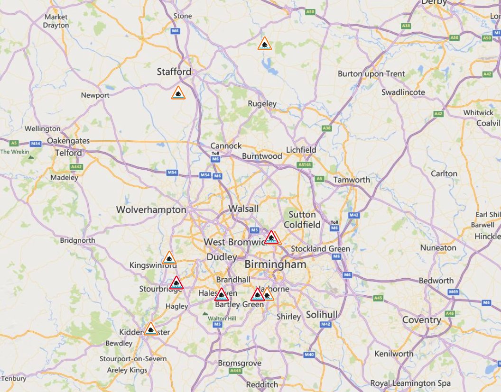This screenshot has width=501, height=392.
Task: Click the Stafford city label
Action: click(x=174, y=72)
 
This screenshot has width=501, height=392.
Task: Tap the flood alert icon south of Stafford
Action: click(x=178, y=93)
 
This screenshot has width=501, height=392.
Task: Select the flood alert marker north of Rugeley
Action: click(x=265, y=44)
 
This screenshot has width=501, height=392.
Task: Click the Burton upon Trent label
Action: click(x=371, y=74)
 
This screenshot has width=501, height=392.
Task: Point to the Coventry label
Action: click(x=421, y=320)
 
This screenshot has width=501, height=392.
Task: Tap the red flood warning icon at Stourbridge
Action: click(x=176, y=283)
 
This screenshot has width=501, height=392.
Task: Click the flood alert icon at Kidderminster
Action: click(x=150, y=328)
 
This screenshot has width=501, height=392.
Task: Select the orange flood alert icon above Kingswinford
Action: click(x=169, y=258)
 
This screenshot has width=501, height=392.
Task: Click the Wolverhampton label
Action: click(x=151, y=210)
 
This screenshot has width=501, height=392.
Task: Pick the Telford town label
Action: click(x=68, y=153)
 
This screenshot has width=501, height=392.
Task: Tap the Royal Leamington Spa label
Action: click(x=410, y=383)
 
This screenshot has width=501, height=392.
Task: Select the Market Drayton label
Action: click(x=56, y=21)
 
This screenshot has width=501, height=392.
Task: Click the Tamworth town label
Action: click(x=352, y=180)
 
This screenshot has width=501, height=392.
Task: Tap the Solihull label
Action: click(x=322, y=315)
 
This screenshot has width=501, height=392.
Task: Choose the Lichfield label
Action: click(x=301, y=150)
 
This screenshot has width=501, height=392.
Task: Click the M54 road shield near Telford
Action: click(x=36, y=143)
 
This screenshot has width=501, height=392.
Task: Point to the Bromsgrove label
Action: click(x=240, y=364)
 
